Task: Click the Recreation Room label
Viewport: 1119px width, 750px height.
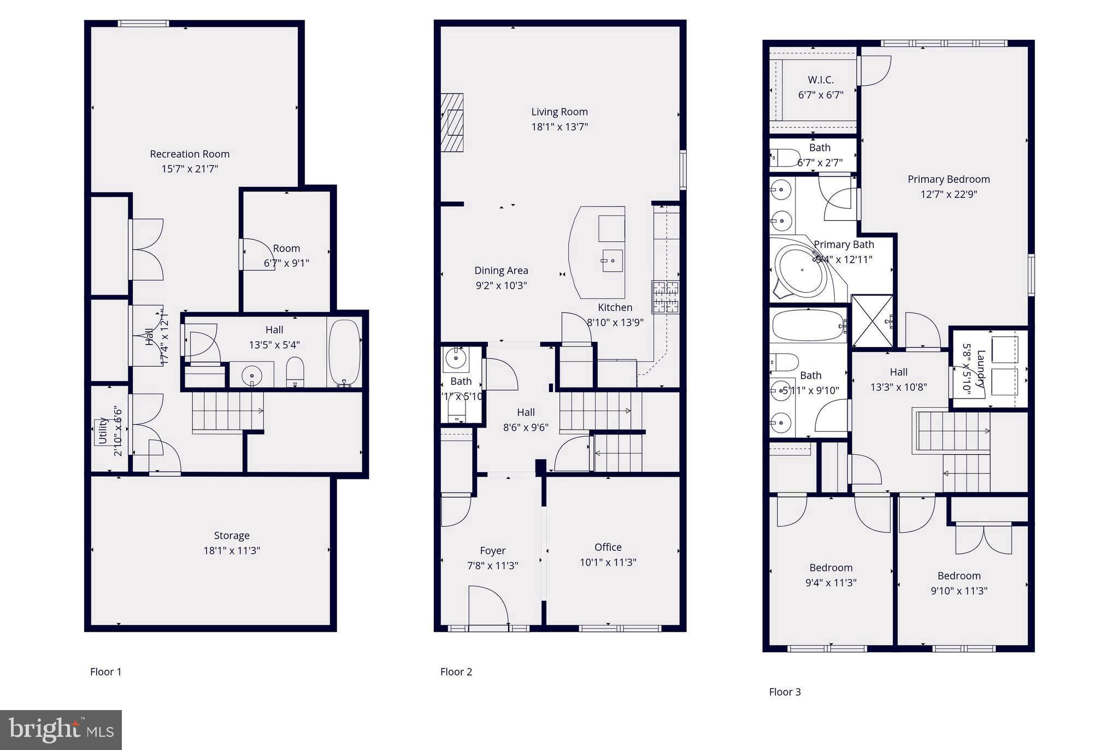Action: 190,154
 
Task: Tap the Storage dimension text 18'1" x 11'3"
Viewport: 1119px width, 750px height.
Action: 232,550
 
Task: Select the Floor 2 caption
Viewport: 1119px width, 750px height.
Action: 456,672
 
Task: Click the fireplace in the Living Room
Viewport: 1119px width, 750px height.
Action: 452,122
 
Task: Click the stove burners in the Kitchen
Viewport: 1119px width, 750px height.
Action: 665,297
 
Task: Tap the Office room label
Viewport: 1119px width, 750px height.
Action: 608,547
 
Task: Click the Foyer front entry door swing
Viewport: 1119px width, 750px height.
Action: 488,606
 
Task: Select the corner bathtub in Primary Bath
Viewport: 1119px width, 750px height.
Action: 803,271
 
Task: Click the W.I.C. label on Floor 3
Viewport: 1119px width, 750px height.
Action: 821,80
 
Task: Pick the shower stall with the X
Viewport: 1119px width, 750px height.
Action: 872,321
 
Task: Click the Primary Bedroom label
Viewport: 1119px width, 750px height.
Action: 949,179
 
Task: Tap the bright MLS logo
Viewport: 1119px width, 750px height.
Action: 61,730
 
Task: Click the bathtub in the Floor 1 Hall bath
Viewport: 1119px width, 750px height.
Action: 344,353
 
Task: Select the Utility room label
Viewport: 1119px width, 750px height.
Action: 102,431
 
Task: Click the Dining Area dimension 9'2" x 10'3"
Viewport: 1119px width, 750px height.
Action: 501,285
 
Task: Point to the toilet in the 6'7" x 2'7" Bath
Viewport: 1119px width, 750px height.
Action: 785,158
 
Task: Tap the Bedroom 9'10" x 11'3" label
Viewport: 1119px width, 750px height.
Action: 959,576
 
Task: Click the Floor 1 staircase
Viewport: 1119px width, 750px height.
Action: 227,412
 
